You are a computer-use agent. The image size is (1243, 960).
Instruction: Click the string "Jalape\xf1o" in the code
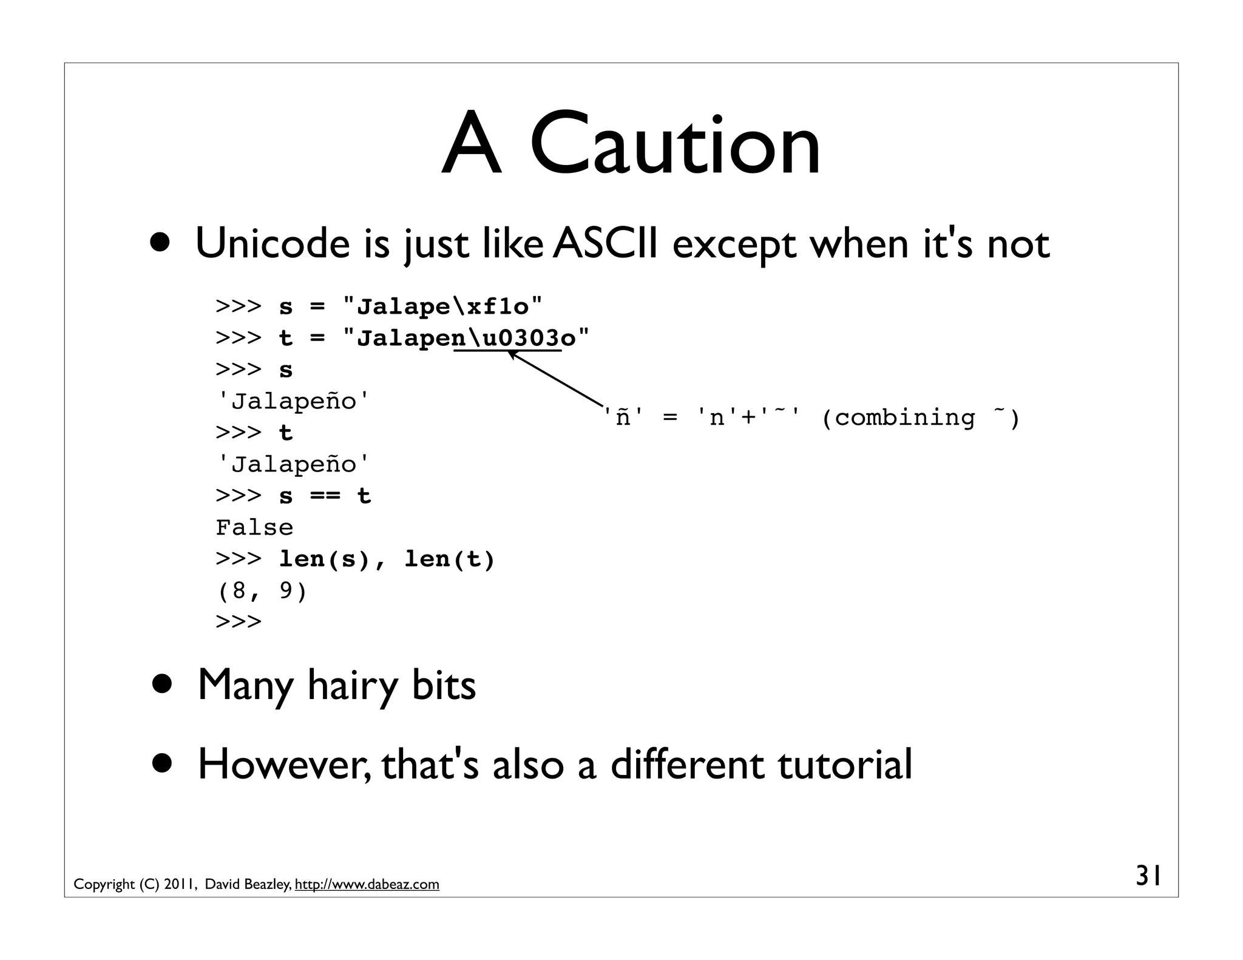pos(442,306)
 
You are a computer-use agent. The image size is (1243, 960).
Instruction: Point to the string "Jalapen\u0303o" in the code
pos(466,338)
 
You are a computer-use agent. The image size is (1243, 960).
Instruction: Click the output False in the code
pos(254,527)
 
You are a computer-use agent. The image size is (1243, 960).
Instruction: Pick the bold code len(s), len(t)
pos(387,559)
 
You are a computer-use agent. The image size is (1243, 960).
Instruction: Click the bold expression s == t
pos(325,496)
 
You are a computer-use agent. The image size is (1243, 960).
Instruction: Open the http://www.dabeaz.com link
pos(367,884)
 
